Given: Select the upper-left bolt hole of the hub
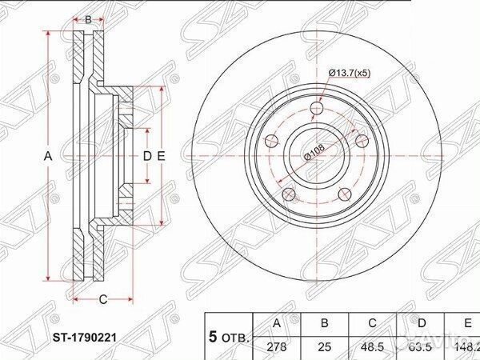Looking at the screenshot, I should (272, 141).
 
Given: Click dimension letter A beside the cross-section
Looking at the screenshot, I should (48, 156).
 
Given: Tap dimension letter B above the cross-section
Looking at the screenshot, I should (88, 18).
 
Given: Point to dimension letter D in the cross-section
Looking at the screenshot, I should (146, 156).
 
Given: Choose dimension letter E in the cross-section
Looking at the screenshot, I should (161, 156).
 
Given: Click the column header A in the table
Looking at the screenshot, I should (277, 324).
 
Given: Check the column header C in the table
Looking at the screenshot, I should (371, 324).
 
